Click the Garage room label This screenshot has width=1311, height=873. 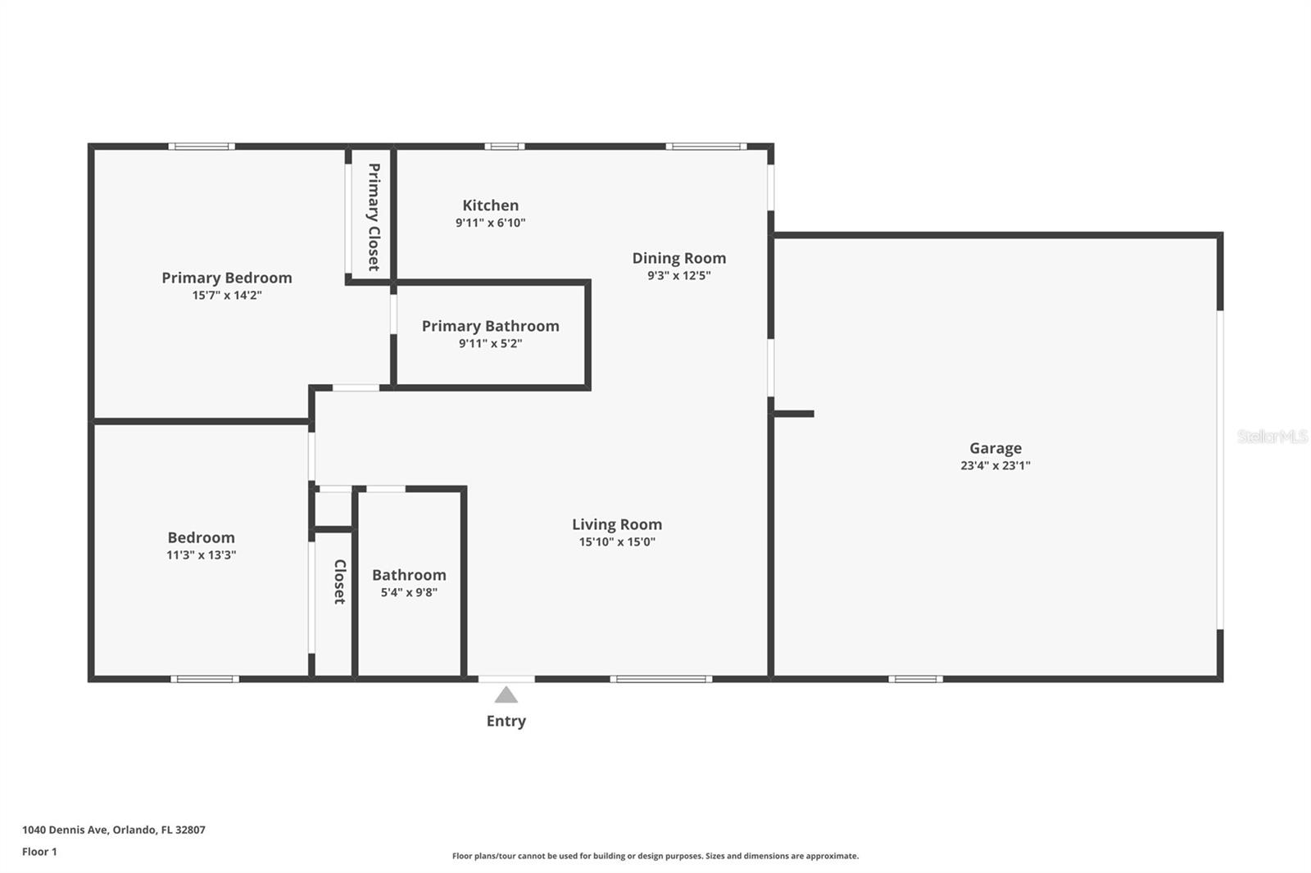coord(995,448)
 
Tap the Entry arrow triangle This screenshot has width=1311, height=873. coord(506,695)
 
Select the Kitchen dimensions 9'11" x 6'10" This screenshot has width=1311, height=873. coord(490,223)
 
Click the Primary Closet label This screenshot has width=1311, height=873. coord(373,217)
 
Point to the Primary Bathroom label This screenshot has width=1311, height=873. coord(490,326)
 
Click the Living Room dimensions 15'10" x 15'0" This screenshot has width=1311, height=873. coord(617,542)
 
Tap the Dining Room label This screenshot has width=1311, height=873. coord(678,258)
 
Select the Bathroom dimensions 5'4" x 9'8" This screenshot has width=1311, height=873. coord(409,592)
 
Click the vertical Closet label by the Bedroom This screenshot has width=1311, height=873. coord(339,581)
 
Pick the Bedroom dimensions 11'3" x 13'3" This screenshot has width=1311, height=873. coord(201,555)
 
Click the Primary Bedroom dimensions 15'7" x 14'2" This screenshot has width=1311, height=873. coord(227,296)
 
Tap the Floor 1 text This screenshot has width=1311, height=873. coord(39,852)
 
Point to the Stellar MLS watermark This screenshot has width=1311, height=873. coord(1272,436)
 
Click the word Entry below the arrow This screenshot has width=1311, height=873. coord(506,721)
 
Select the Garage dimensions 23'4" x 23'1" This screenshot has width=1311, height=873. coord(995,466)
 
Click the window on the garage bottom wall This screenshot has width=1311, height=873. coord(915,679)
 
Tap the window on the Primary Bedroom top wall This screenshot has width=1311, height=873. coord(202,147)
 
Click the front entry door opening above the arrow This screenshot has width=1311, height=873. coord(506,679)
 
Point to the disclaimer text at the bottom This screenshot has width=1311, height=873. coord(655,856)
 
